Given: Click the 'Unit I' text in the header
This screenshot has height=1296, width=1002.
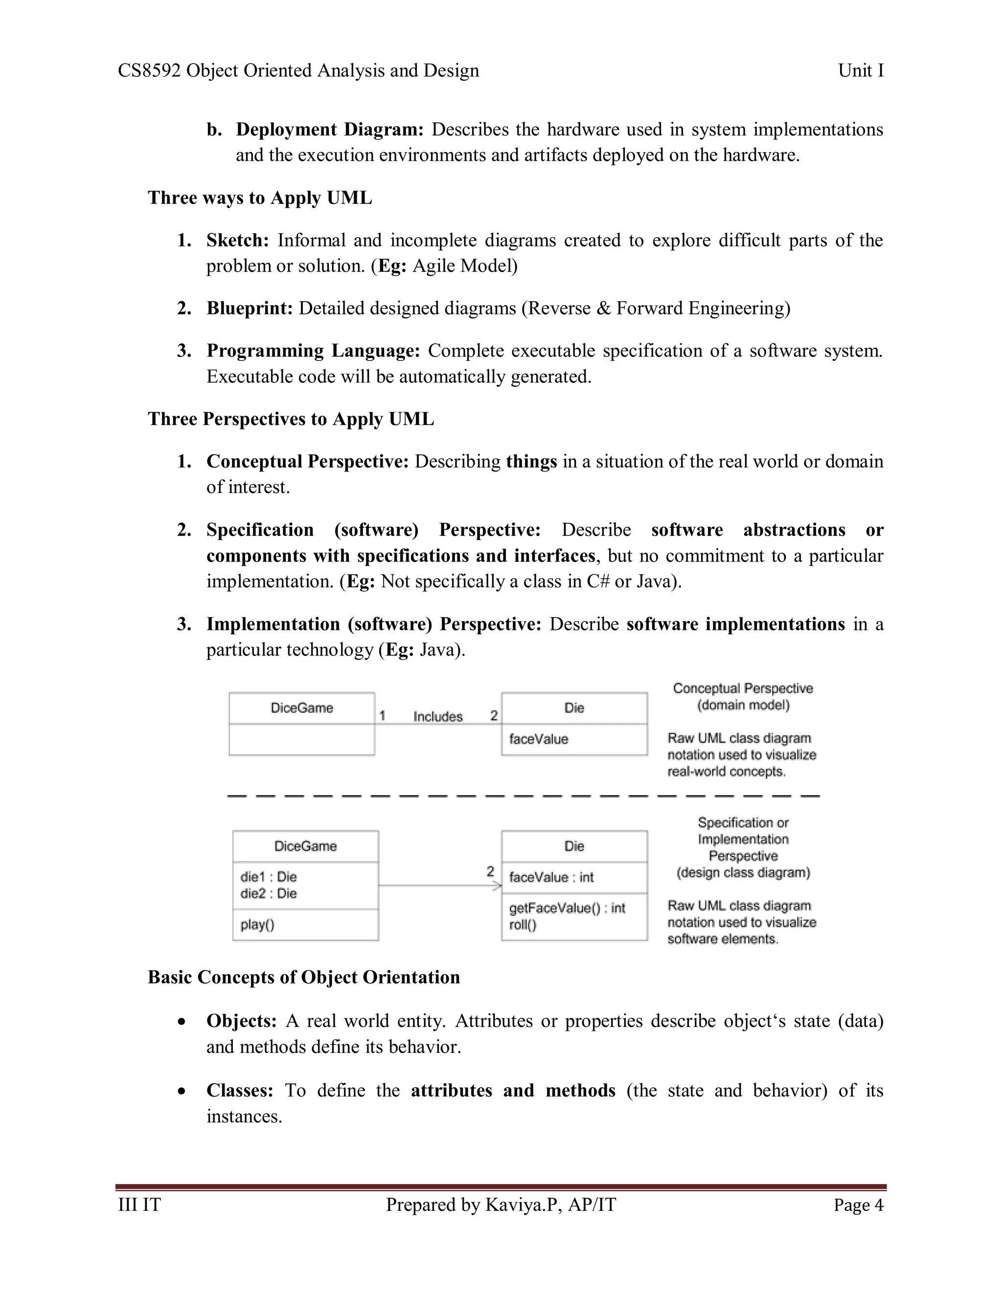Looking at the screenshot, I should tap(860, 70).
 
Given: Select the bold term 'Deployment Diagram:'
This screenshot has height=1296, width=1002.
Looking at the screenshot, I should tap(329, 130).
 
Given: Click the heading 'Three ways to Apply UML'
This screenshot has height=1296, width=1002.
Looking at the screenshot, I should tap(259, 198).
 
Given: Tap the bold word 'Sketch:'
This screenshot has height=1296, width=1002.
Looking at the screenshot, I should tap(237, 240).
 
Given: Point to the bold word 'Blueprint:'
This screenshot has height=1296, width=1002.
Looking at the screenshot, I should tap(250, 308).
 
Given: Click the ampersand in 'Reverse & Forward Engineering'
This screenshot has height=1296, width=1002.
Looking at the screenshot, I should tap(603, 309).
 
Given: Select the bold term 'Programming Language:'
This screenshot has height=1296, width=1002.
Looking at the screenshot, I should tap(313, 351).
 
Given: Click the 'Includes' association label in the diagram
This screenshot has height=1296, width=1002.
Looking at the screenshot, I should tap(437, 716).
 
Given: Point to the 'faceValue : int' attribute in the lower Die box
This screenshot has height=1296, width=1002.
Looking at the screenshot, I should tap(551, 877).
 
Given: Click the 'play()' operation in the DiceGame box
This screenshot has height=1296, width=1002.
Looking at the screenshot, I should tap(257, 924).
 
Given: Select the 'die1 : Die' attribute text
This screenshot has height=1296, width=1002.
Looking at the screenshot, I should tap(268, 876).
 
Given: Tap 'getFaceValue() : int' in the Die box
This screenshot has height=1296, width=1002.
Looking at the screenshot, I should tap(567, 908).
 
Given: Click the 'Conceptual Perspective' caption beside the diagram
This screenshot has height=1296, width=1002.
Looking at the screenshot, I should tap(743, 689).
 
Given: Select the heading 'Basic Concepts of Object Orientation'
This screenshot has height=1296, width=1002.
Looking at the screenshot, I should tap(303, 977).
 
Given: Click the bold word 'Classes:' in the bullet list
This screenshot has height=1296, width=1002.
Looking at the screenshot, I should tap(239, 1090).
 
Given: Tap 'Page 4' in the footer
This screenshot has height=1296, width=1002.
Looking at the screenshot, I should tap(858, 1205).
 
